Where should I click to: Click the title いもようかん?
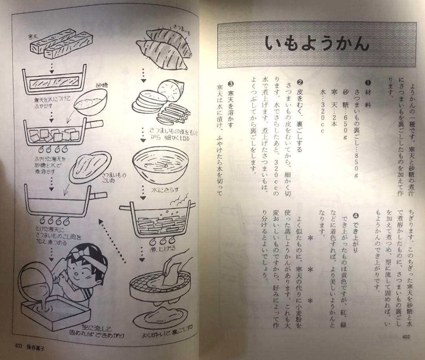click(x=316, y=44)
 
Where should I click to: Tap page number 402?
click(x=407, y=336)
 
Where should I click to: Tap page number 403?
click(x=18, y=347)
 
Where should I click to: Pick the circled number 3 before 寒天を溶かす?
click(x=231, y=83)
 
